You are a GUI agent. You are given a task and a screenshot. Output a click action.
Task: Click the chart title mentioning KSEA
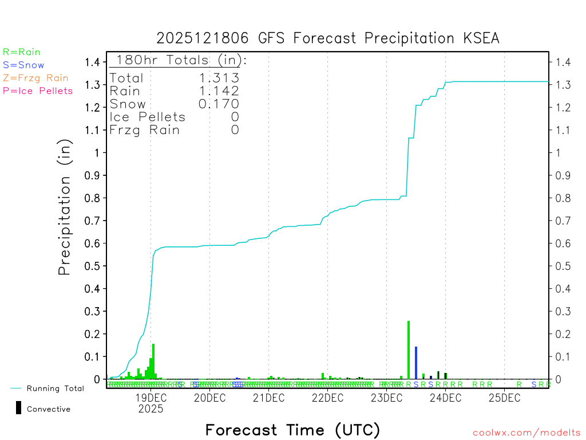(x=328, y=38)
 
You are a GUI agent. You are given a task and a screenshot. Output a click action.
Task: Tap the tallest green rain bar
(x=409, y=349)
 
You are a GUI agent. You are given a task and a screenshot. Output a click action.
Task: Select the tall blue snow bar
(x=416, y=362)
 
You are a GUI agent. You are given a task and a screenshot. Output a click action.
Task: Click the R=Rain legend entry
(x=22, y=52)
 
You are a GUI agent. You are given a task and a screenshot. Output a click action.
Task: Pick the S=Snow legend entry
(x=23, y=65)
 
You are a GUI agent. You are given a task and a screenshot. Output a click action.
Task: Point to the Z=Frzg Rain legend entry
(x=35, y=78)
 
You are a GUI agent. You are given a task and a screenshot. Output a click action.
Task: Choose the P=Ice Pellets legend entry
(x=38, y=91)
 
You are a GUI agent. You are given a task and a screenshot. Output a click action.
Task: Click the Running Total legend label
(x=55, y=388)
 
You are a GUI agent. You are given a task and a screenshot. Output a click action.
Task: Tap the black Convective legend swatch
(x=19, y=407)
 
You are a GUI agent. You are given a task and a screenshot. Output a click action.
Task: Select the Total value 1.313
(x=219, y=78)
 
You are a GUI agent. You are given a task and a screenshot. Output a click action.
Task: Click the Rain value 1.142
(x=219, y=91)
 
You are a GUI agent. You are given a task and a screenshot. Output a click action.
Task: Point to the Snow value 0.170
(x=219, y=104)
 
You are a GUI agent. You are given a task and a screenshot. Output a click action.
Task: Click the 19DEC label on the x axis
(x=151, y=398)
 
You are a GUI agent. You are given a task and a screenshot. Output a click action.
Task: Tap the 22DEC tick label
(x=327, y=398)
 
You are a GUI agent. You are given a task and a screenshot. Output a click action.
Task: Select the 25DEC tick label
(x=504, y=398)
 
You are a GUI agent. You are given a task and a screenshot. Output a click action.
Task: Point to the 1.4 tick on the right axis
(x=563, y=62)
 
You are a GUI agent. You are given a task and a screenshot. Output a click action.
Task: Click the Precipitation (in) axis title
(x=65, y=207)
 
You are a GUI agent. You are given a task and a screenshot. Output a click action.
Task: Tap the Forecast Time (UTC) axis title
(x=292, y=430)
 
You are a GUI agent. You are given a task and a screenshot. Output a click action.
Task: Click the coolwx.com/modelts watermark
(x=526, y=433)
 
